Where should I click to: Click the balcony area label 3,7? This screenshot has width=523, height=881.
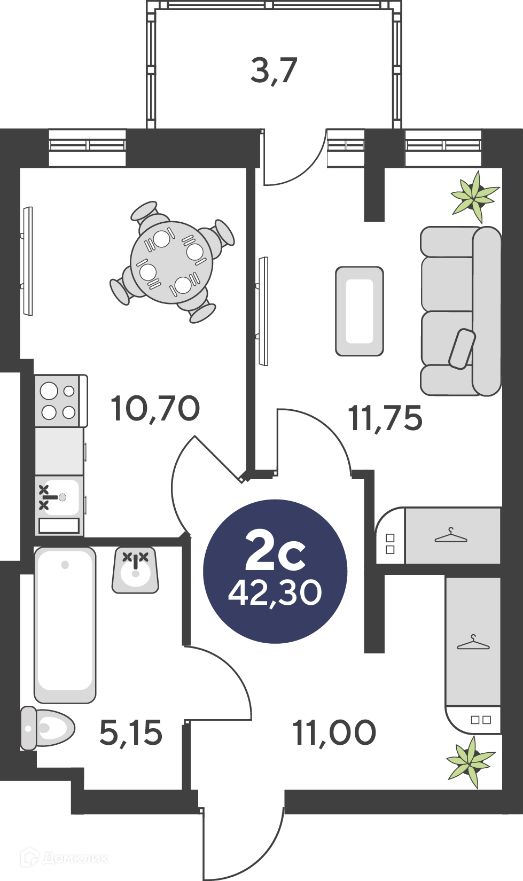tap(274, 71)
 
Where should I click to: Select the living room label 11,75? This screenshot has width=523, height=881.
tap(385, 418)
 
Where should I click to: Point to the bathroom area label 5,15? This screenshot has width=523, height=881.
tap(130, 732)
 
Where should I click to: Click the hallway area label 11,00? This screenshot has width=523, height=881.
tap(334, 732)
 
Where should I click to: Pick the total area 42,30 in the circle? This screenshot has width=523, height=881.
tap(275, 593)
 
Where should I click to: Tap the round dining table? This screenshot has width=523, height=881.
tap(171, 262)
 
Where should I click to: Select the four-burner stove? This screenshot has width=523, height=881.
tap(61, 401)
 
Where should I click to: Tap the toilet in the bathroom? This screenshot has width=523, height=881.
tap(47, 728)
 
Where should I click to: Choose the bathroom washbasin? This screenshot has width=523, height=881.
tap(135, 570)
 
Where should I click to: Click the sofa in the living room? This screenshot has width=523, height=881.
tap(461, 311)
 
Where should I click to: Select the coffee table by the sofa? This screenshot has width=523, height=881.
tap(360, 311)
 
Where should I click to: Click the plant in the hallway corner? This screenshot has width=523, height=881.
tap(471, 762)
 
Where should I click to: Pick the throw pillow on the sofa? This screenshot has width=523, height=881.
tap(463, 349)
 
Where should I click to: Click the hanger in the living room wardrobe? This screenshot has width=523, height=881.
tap(451, 535)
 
